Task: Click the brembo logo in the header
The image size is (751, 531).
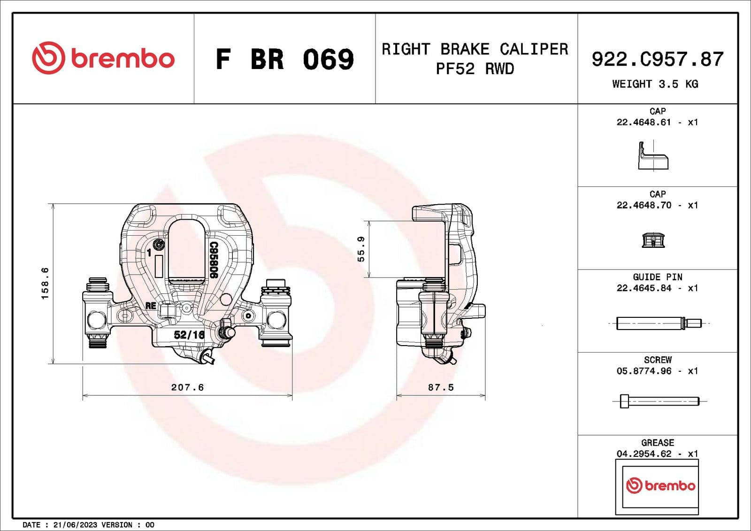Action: click(103, 58)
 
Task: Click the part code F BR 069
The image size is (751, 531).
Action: click(284, 60)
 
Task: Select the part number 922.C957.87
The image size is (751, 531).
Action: click(657, 60)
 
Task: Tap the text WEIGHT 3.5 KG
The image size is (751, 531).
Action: click(655, 85)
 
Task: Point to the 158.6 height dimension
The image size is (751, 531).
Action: click(45, 283)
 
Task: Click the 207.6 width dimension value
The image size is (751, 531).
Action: click(187, 387)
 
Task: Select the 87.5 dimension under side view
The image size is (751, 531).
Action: click(440, 387)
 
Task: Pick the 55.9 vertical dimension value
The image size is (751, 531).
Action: click(361, 249)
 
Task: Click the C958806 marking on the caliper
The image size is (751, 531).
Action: click(213, 260)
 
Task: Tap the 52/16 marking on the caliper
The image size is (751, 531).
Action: click(189, 335)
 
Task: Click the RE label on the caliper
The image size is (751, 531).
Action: click(151, 306)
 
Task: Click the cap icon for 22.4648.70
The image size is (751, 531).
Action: click(653, 240)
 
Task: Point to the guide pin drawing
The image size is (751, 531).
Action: click(658, 323)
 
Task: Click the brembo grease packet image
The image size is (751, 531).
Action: click(657, 486)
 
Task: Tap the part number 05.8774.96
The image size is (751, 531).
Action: click(644, 371)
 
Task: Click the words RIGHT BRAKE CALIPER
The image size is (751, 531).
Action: click(475, 49)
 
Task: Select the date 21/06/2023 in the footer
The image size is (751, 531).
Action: click(75, 525)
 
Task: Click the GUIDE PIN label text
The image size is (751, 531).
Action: click(657, 277)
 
